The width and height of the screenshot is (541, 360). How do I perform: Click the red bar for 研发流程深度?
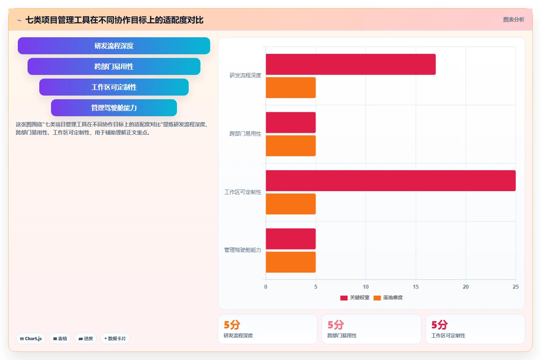coord(351,64)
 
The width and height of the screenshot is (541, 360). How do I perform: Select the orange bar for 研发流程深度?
coord(291,87)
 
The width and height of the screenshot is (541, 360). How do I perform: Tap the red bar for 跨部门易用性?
coord(291,122)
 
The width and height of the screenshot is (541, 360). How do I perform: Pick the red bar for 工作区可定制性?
coord(391,181)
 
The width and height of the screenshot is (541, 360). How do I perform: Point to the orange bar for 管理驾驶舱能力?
coord(291,262)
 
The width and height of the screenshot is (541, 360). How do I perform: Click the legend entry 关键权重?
coord(355,298)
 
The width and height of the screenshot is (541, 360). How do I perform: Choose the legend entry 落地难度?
coord(388,298)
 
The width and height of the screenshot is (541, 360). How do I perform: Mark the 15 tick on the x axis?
coord(415,287)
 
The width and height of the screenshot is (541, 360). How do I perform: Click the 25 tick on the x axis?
coord(515,287)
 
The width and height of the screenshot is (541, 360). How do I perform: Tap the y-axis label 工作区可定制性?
coord(243,192)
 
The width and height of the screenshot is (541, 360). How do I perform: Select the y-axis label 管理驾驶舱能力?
coord(243,250)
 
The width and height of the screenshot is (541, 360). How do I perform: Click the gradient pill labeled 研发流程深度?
coord(114,46)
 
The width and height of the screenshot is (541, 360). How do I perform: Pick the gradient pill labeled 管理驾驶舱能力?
coord(114,108)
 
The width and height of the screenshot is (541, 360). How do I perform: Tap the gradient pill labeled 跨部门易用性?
coord(114,66)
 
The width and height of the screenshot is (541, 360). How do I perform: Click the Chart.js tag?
coord(31,339)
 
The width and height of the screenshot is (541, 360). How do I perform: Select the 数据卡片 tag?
coord(115,339)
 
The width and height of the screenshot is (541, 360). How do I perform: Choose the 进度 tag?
coord(85,339)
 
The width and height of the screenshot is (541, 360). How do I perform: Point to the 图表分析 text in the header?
coord(514,19)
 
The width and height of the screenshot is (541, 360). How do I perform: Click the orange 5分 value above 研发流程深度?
coord(232,325)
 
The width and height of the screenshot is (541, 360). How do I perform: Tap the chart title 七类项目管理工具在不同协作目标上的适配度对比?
coord(115,20)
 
